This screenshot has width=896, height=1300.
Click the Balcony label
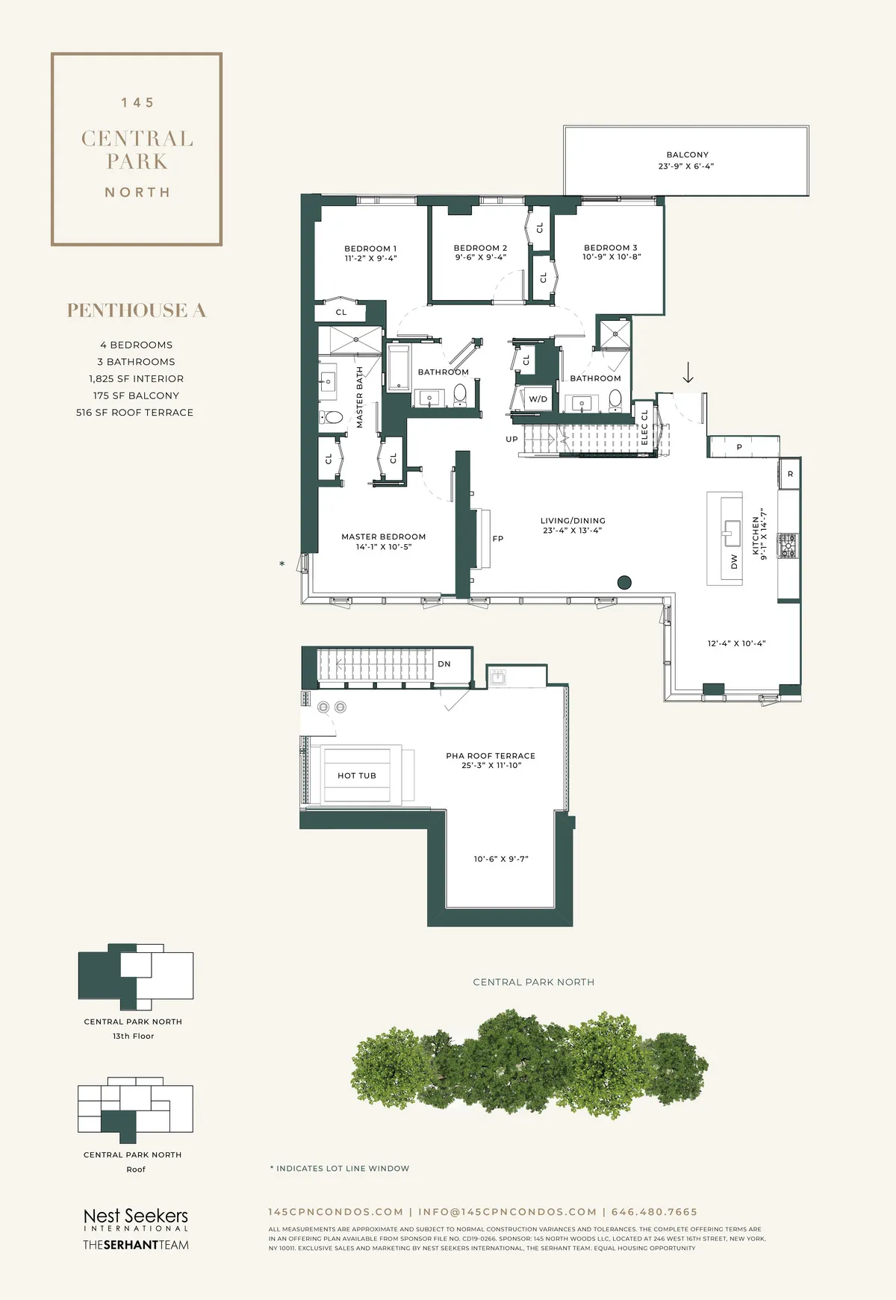click(687, 155)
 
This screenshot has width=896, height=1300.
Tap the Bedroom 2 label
click(480, 248)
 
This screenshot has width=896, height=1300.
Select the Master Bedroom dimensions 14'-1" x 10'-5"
click(383, 547)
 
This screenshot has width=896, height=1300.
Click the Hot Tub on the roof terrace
click(357, 775)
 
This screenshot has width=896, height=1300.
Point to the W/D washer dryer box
click(538, 399)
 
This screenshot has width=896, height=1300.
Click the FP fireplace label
click(498, 539)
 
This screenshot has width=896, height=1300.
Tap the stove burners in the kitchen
click(787, 546)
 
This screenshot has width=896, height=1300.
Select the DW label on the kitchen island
click(734, 561)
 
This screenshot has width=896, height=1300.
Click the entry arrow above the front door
click(688, 372)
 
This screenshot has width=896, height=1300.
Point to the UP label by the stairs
click(511, 440)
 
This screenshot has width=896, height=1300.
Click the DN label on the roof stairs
click(444, 663)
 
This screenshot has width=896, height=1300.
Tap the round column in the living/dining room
click(625, 583)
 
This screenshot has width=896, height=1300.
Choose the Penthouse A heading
click(136, 310)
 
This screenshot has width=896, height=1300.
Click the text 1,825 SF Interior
click(136, 378)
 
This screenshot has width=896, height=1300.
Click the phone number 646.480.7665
click(654, 1212)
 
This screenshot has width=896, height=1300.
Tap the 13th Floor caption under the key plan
click(133, 1036)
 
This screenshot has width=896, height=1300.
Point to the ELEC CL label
click(644, 428)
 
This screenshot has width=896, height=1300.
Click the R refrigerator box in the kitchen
click(790, 474)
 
